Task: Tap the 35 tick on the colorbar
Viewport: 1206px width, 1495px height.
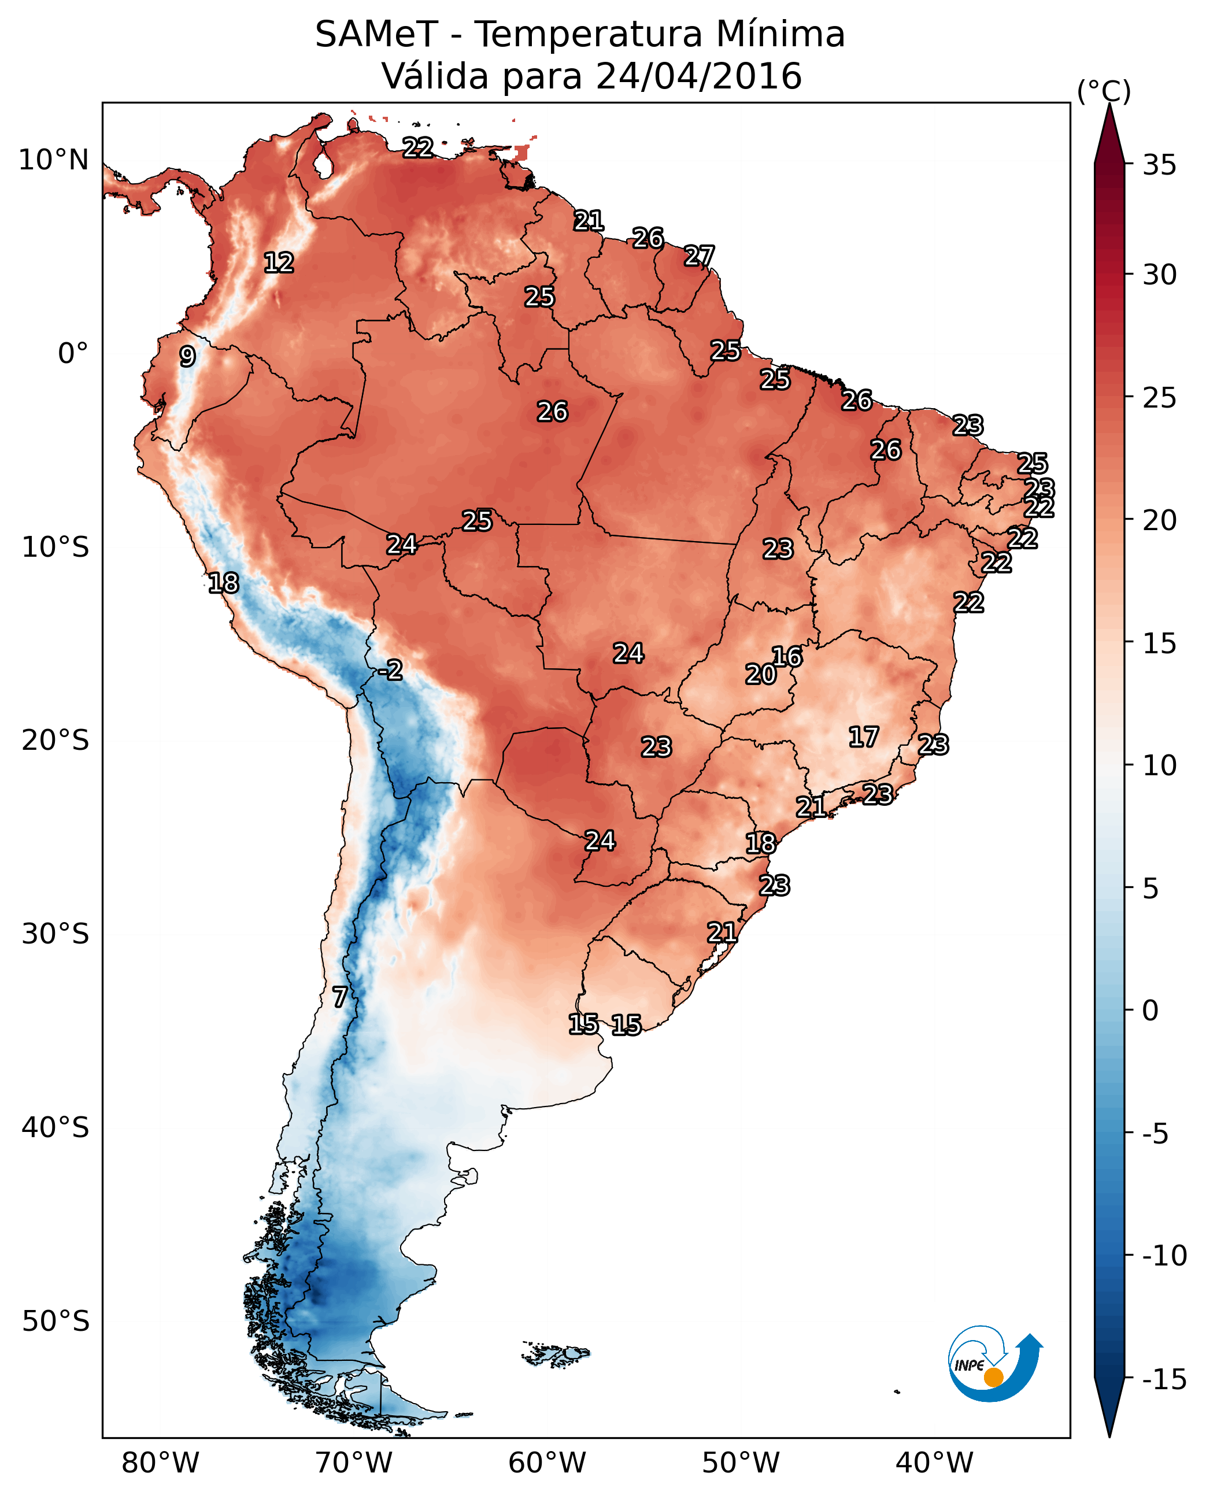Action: tap(1159, 165)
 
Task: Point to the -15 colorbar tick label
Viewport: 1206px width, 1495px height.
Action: tap(1164, 1379)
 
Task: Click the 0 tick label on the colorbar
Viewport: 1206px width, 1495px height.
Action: tap(1150, 1010)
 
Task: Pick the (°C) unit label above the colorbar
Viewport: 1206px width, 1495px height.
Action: tap(1104, 91)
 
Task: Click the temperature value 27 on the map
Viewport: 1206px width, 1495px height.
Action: tap(699, 256)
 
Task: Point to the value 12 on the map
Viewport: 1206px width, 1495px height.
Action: tap(279, 262)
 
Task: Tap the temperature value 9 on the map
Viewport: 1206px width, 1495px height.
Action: tap(187, 356)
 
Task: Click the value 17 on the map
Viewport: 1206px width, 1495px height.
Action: tap(864, 737)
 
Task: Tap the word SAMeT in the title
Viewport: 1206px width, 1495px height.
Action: tap(376, 34)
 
